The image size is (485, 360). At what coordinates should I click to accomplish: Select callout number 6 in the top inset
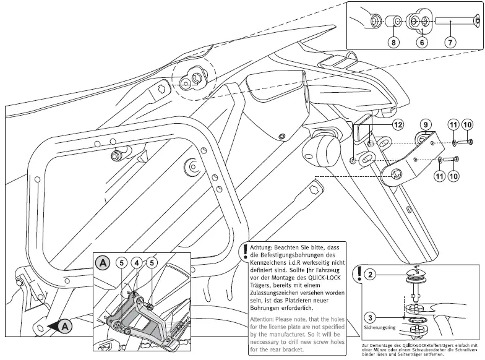[422, 43]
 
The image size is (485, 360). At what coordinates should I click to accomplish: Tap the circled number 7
[450, 43]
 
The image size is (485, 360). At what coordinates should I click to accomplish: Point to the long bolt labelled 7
[458, 22]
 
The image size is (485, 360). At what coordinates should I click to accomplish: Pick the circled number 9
[427, 124]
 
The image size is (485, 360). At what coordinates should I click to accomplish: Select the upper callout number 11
[453, 125]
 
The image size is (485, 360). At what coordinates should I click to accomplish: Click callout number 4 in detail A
[135, 262]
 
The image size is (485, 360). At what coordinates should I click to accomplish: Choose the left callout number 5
[122, 262]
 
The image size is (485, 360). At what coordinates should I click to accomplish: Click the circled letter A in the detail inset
[103, 262]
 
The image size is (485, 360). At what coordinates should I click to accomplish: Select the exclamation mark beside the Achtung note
[246, 251]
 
